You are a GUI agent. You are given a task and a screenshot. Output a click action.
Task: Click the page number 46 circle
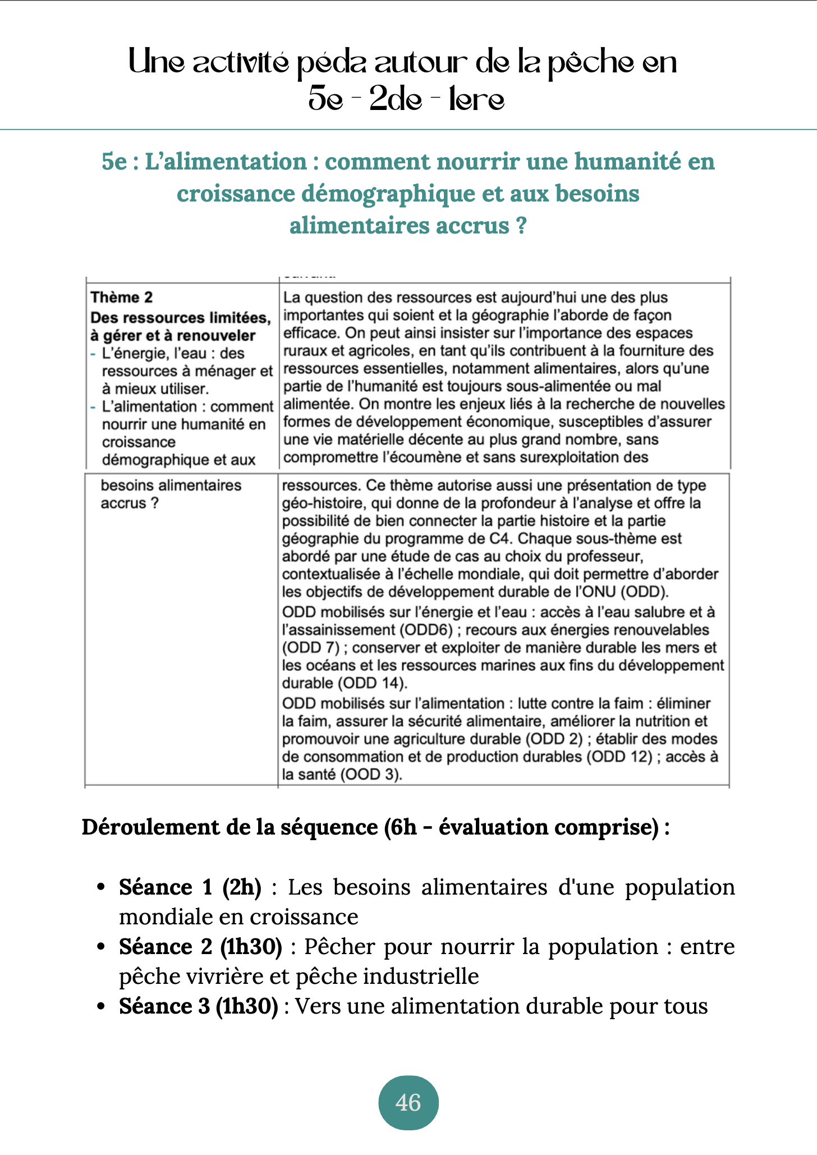pos(408,1102)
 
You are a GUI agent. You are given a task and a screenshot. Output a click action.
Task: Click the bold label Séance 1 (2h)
pos(190,887)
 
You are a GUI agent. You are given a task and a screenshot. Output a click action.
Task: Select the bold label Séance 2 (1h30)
pos(200,947)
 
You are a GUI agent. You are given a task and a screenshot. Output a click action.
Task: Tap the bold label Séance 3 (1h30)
pos(198,1006)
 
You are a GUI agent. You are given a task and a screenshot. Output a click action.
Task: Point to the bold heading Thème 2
pos(122,297)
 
